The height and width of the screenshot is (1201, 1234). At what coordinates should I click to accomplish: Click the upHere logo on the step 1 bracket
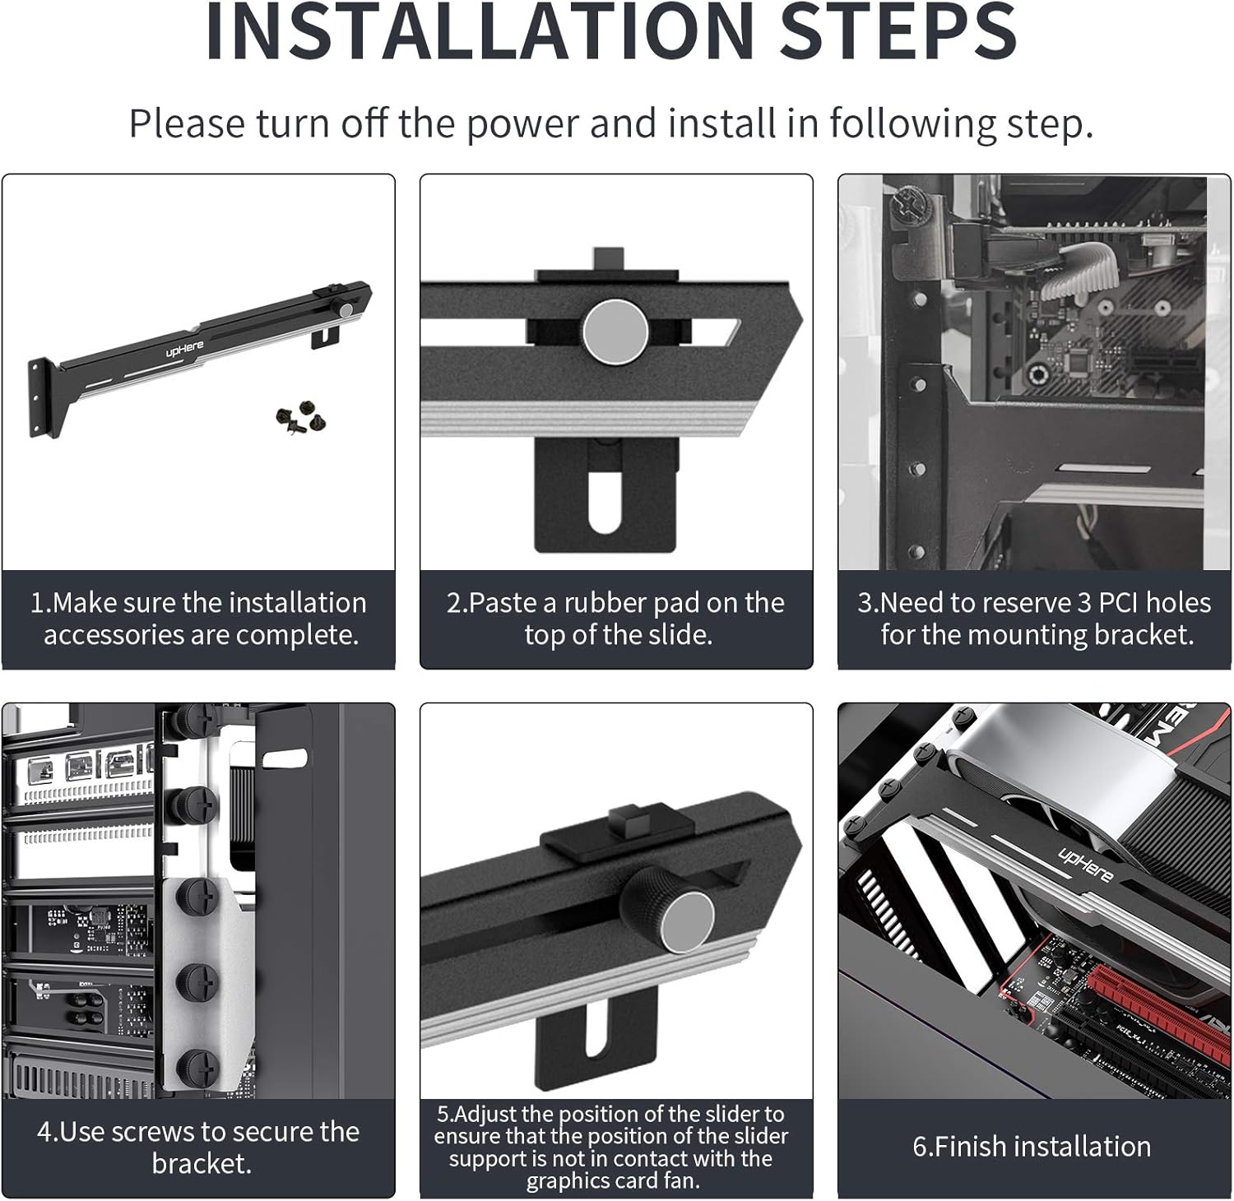click(184, 349)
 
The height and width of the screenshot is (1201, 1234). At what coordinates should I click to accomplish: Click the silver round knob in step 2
click(615, 332)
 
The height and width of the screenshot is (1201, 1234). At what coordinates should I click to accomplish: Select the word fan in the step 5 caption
click(681, 1181)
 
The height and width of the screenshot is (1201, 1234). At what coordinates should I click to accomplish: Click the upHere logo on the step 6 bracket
click(1085, 865)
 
